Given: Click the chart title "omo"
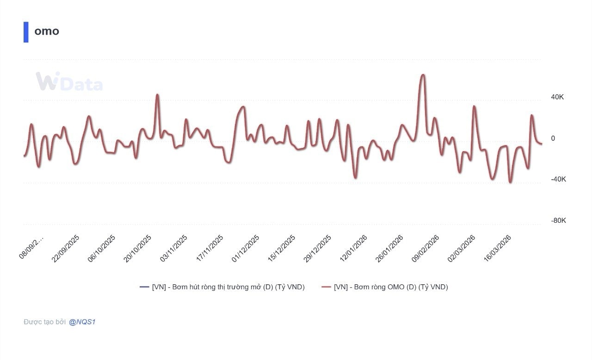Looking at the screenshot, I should click(47, 31).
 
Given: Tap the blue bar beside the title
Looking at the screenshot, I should click(26, 32).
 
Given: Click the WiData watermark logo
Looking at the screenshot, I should click(69, 82).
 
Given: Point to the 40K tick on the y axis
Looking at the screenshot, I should click(557, 97).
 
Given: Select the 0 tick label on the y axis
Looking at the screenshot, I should click(553, 138).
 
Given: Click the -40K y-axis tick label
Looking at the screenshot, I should click(558, 179).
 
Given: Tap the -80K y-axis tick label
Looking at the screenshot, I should click(558, 220).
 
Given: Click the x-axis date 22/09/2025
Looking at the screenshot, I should click(66, 249).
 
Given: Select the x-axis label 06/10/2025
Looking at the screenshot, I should click(102, 249).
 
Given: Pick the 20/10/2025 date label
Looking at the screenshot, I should click(137, 249).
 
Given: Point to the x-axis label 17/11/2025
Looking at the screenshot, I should click(210, 249).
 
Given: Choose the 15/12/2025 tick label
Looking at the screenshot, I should click(281, 249).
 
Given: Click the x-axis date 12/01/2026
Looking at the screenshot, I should click(353, 249).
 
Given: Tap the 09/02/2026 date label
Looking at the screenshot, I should click(425, 249).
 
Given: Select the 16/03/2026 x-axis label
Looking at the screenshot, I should click(497, 249).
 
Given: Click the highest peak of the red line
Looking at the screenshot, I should click(422, 75).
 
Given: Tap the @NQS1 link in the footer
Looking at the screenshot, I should click(82, 322).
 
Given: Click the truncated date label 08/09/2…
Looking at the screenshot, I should click(31, 247).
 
